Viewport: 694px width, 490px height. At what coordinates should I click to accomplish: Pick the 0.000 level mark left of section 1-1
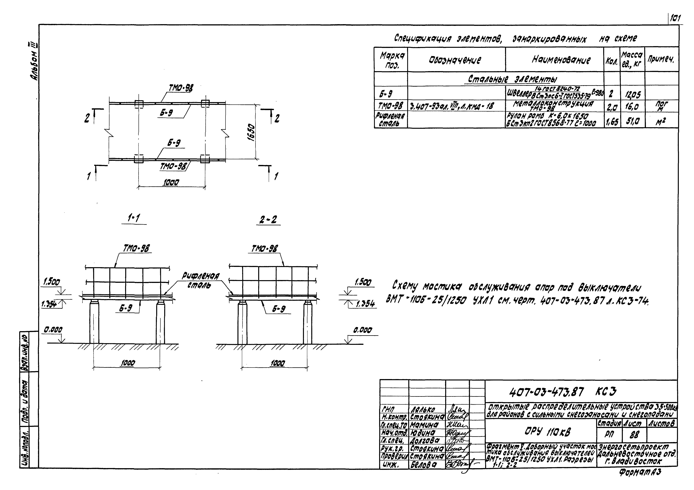53,330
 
